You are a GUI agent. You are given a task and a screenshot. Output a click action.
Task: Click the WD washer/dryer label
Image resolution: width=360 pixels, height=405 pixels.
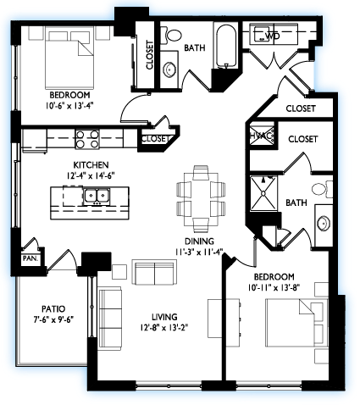273,36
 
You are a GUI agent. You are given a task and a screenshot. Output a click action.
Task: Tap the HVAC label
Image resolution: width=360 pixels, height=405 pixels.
262,136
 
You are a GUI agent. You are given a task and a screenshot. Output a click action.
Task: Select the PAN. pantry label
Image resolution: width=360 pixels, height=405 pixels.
30,258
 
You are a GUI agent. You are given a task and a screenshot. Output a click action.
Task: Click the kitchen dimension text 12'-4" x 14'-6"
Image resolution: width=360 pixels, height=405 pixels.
91,175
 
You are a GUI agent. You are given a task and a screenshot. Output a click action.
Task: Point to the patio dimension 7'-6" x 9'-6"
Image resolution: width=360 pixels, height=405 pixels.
53,319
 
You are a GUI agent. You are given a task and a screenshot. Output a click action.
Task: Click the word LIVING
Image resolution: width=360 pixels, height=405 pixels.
164,317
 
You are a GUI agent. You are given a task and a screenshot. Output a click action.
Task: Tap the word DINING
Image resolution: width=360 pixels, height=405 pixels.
199,241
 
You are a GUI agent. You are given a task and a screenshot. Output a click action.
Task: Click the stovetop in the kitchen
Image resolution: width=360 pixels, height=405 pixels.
87,140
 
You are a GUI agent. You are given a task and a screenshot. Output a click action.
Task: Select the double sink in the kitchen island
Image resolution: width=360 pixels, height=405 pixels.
97,197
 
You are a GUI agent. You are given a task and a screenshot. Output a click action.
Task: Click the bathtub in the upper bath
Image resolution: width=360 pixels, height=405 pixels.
226,47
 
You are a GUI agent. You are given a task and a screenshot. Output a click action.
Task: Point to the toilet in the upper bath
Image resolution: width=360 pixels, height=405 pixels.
171,36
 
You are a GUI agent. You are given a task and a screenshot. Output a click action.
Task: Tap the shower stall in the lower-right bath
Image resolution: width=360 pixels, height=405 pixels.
263,193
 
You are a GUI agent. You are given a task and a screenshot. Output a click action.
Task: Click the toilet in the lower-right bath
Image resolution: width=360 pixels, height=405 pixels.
323,189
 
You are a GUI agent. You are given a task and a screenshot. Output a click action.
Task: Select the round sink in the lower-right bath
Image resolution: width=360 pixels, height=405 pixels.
324,224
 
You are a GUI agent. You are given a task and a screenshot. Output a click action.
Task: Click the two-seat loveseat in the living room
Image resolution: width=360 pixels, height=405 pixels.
154,272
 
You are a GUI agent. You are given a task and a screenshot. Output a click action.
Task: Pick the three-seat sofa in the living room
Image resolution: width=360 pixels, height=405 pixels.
109,319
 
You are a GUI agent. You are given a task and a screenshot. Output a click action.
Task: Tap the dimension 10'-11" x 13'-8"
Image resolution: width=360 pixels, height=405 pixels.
274,287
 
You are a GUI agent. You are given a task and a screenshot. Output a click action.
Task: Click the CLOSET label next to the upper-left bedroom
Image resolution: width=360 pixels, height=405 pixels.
149,55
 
